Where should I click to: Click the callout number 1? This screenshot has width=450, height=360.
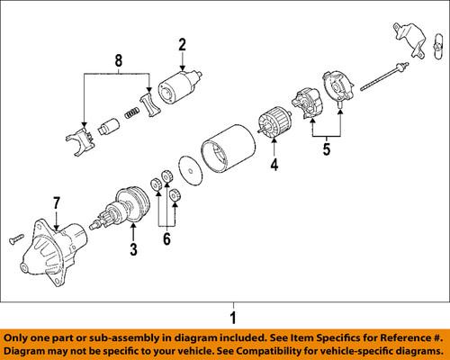point(232,317)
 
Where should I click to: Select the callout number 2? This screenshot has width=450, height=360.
point(182,45)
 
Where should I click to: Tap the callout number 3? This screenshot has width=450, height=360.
point(133,248)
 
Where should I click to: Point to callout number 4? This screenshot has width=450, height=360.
point(275,164)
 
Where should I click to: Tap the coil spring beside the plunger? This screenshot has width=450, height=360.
point(131,112)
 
